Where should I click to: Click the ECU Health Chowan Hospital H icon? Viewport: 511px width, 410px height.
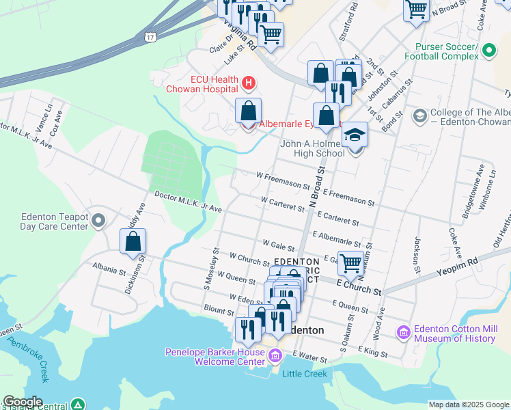pyautogui.click(x=249, y=83)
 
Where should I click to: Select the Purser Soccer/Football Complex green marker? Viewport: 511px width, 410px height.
pyautogui.click(x=488, y=50)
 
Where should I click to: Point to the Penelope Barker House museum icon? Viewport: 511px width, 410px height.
pyautogui.click(x=275, y=356)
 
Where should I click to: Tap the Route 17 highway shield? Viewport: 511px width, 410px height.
pyautogui.click(x=150, y=36)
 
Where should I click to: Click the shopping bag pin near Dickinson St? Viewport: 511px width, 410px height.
pyautogui.click(x=133, y=242)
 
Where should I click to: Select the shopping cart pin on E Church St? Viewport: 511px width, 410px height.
pyautogui.click(x=351, y=262)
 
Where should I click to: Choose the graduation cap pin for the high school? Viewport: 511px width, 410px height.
pyautogui.click(x=355, y=136)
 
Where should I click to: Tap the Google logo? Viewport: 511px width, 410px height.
pyautogui.click(x=22, y=402)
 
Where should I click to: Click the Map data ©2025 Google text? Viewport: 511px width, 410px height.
pyautogui.click(x=468, y=405)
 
